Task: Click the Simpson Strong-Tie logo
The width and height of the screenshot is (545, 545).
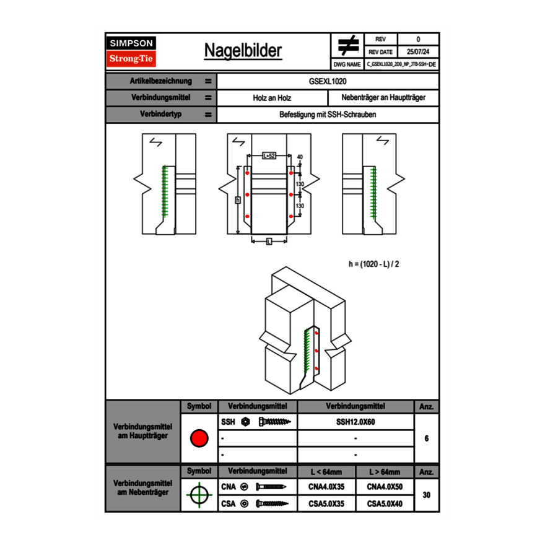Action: [132, 51]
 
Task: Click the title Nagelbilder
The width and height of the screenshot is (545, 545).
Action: [243, 51]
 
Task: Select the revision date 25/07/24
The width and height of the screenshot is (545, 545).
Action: [418, 52]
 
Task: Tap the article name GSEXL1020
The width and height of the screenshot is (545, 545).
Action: [328, 81]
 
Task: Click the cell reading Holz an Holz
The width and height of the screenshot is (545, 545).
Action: [272, 98]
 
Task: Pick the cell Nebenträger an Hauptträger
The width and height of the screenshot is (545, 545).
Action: [383, 98]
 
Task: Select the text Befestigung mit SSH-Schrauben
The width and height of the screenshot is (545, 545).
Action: [328, 115]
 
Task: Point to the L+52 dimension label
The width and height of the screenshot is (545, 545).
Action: [269, 156]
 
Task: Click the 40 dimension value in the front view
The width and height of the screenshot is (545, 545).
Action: [300, 157]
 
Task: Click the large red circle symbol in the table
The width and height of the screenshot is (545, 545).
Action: [199, 438]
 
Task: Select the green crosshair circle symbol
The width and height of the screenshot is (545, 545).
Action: [199, 495]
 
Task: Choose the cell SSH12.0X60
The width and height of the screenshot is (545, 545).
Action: [355, 422]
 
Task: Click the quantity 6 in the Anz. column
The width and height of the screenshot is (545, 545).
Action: [427, 438]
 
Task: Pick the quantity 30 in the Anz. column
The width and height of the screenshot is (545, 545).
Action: [427, 495]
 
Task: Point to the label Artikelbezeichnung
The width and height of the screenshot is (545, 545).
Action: [161, 81]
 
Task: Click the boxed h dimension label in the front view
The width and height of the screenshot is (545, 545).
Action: [237, 200]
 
